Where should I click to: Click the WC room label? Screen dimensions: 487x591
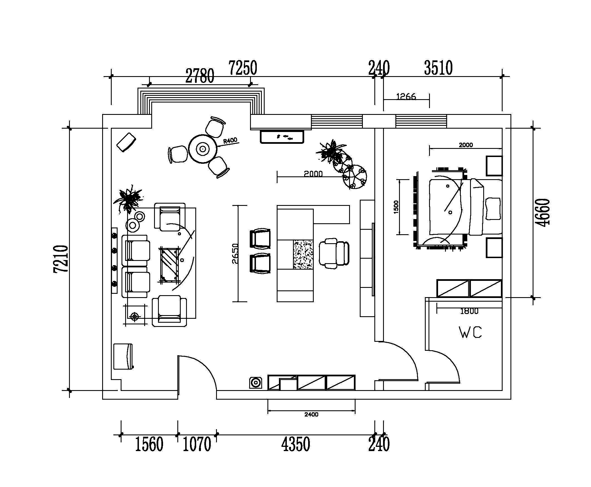pos(470,332)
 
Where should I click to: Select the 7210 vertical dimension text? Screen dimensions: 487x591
pos(61,259)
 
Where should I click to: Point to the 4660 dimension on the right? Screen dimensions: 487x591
pos(542,212)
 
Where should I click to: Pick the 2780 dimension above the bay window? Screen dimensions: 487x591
pos(200,76)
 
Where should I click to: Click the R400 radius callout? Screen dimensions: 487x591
pos(230,140)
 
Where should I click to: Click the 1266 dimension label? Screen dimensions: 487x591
pos(406,97)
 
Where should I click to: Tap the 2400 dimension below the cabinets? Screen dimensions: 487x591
pos(311,414)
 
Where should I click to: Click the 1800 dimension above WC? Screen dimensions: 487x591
pos(469,311)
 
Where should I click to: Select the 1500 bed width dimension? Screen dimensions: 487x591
pos(396,207)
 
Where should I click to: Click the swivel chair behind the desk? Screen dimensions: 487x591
pos(334,253)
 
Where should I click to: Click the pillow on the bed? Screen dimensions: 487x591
pos(493,209)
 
